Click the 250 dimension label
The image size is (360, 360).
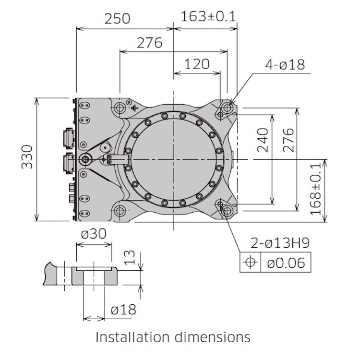pyautogui.click(x=117, y=19)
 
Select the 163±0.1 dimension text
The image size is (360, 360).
pyautogui.click(x=208, y=16)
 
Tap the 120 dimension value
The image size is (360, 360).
pyautogui.click(x=197, y=64)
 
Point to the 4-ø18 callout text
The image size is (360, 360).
pyautogui.click(x=285, y=64)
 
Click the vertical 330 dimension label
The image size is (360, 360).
pyautogui.click(x=27, y=157)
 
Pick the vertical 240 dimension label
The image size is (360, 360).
pyautogui.click(x=263, y=140)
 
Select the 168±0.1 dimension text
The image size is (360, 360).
pyautogui.click(x=316, y=190)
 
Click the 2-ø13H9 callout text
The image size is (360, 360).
pyautogui.click(x=280, y=243)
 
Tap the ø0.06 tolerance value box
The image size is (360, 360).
pyautogui.click(x=286, y=263)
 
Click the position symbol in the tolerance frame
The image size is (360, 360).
pyautogui.click(x=250, y=262)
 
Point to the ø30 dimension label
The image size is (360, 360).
pyautogui.click(x=94, y=234)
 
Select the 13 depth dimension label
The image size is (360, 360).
pyautogui.click(x=130, y=257)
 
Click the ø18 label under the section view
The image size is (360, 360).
pyautogui.click(x=123, y=310)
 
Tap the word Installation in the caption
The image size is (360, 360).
pyautogui.click(x=132, y=337)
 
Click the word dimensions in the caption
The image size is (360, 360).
pyautogui.click(x=213, y=337)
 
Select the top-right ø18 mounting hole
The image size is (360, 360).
pyautogui.click(x=227, y=108)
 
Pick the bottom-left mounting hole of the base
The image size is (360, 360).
pyautogui.click(x=120, y=210)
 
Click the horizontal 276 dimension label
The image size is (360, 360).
pyautogui.click(x=149, y=43)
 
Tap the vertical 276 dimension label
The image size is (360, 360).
pyautogui.click(x=288, y=140)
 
